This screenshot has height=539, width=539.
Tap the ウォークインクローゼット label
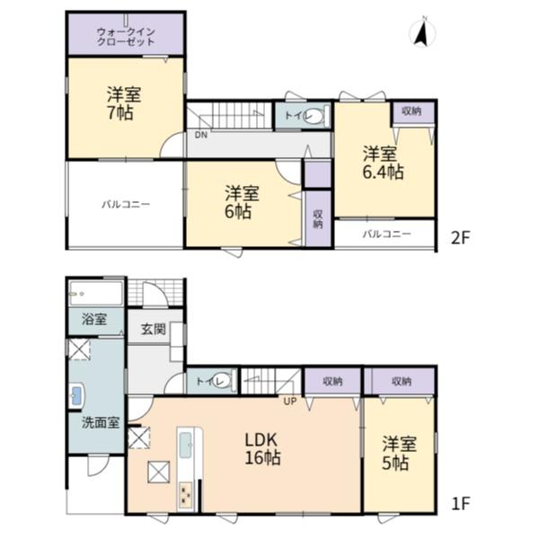click(126, 37)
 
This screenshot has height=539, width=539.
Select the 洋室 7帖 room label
click(124, 104)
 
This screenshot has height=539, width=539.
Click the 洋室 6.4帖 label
click(384, 163)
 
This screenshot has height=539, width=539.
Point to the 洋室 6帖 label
click(242, 202)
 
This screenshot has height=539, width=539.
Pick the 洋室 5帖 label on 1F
click(399, 454)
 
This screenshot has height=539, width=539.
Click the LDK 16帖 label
click(262, 448)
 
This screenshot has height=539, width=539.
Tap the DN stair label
click(201, 135)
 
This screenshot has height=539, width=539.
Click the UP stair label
click(290, 402)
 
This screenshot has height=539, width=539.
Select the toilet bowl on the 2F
click(315, 116)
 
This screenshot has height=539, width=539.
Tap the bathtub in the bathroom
click(96, 293)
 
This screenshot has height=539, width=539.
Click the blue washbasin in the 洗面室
click(77, 396)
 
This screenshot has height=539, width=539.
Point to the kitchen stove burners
click(186, 495)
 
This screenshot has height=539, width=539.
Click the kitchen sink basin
click(186, 445)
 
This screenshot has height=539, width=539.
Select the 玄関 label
click(154, 330)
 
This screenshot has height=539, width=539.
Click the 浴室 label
click(94, 319)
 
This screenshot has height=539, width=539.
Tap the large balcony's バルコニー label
click(126, 205)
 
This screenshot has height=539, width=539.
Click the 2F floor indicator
click(460, 237)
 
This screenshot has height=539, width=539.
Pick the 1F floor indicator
click(460, 504)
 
